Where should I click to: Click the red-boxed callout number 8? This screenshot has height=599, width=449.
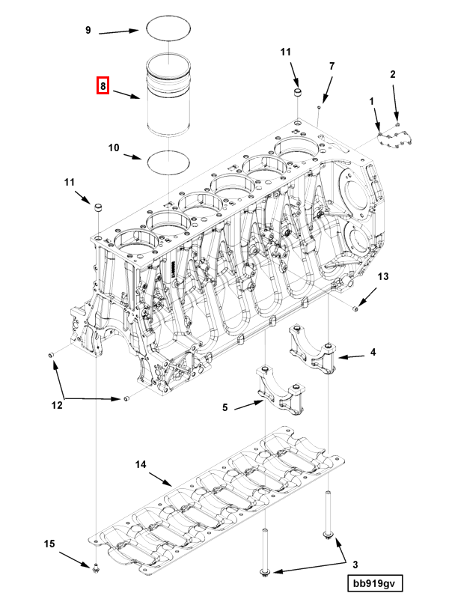pos(103,86)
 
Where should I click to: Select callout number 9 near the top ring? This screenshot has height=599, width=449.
pos(88,30)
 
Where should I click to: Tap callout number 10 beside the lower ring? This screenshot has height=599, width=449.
pos(114,148)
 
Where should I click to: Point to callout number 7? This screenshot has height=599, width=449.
pos(332,66)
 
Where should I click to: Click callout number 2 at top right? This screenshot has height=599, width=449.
pos(393,73)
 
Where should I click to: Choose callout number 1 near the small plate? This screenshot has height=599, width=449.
pos(370,100)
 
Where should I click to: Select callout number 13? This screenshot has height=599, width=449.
pos(382,276)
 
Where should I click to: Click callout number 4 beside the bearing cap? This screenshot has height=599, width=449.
pos(373,351)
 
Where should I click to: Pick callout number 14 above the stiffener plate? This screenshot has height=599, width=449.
pos(140,464)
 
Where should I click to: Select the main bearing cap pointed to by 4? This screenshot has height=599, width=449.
pos(313,352)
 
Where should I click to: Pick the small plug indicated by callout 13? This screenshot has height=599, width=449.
pos(356,308)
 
